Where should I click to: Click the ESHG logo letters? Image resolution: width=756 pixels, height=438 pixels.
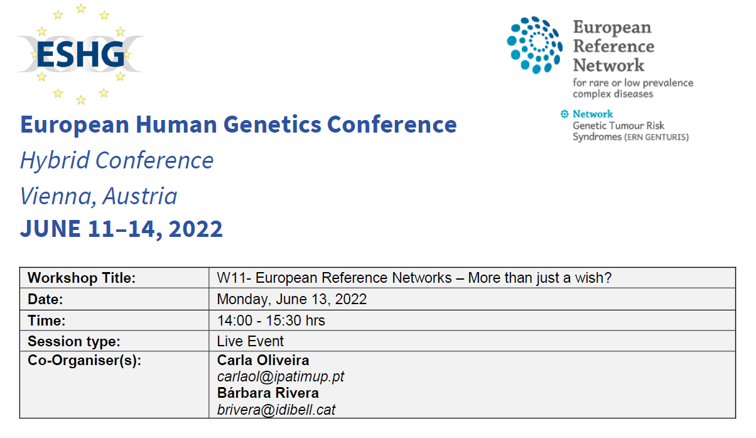click(x=80, y=55)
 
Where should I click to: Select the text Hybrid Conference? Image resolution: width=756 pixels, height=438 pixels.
click(x=117, y=161)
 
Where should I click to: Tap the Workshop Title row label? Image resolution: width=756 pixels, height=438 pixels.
click(x=82, y=278)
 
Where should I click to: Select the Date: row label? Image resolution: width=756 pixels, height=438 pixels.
click(x=45, y=299)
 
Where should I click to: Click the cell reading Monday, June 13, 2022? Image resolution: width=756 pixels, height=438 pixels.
click(x=291, y=299)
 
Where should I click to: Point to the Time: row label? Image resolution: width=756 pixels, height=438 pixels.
click(x=46, y=320)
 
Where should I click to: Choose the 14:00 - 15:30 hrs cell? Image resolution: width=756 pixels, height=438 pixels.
click(x=271, y=320)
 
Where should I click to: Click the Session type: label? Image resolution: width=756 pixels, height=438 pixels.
click(x=73, y=341)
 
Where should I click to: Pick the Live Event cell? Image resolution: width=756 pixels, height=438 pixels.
click(x=250, y=341)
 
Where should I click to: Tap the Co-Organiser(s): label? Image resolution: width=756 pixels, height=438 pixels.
click(x=84, y=361)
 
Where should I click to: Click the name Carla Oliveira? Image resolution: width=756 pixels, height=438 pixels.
click(x=262, y=361)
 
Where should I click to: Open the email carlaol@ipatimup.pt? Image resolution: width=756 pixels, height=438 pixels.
click(x=280, y=377)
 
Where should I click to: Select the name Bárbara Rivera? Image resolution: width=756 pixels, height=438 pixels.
click(x=267, y=393)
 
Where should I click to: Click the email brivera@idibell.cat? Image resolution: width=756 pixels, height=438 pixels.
click(x=276, y=410)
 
